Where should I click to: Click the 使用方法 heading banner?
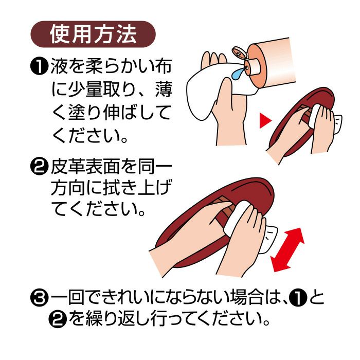click(93, 34)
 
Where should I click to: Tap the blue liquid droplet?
click(238, 73)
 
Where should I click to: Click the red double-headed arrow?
click(287, 249)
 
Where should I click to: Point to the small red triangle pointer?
click(265, 120)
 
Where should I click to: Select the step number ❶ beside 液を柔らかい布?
click(39, 66)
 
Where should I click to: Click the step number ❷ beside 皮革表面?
click(39, 167)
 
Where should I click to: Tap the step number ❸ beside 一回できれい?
click(39, 298)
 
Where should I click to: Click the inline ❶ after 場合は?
click(298, 298)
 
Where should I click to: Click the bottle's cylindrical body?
click(271, 62)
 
